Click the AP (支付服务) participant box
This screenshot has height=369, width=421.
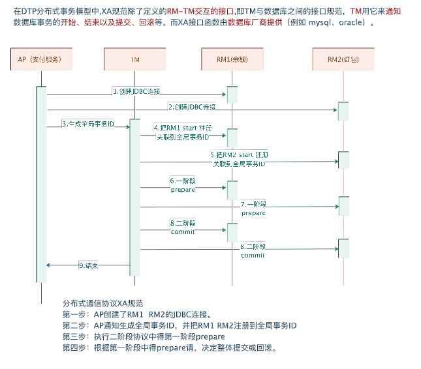click(40, 59)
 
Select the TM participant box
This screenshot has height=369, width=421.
click(135, 59)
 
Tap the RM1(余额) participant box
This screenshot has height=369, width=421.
click(230, 59)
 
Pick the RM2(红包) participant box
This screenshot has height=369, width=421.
click(343, 59)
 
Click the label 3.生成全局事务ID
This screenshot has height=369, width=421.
click(88, 123)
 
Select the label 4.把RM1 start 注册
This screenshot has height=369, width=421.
click(181, 128)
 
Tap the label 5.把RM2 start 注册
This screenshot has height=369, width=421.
click(239, 155)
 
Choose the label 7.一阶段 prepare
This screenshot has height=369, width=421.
click(254, 209)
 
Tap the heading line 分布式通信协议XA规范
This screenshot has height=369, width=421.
click(102, 304)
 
